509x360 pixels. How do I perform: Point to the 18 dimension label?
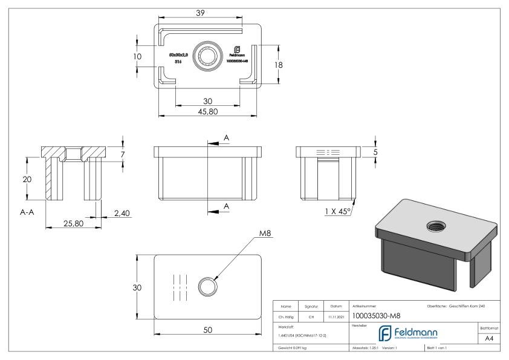[x=279, y=65]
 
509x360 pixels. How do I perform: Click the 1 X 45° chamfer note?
[x=337, y=212]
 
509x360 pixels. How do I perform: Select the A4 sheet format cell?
[x=490, y=340]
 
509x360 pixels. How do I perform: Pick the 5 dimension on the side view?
[x=376, y=152]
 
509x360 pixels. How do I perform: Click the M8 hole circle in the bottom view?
[x=207, y=286]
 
